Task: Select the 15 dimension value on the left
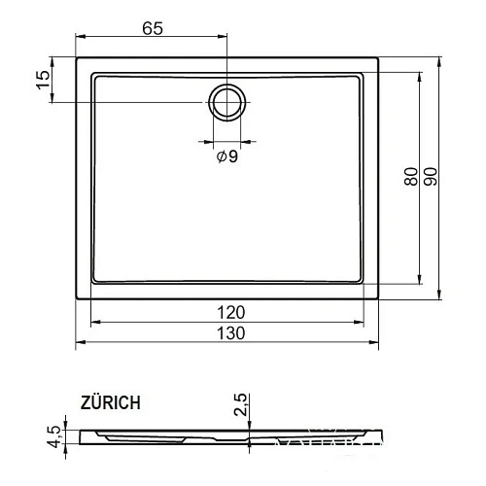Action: pyautogui.click(x=42, y=80)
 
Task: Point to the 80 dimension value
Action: pyautogui.click(x=411, y=178)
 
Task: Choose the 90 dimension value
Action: pyautogui.click(x=430, y=178)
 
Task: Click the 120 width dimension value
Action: pyautogui.click(x=230, y=312)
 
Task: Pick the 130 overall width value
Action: pyautogui.click(x=230, y=332)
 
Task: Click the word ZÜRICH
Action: pyautogui.click(x=111, y=400)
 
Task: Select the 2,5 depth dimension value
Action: pyautogui.click(x=242, y=404)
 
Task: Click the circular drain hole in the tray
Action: pyautogui.click(x=227, y=101)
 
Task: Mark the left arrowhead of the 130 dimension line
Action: pyautogui.click(x=80, y=342)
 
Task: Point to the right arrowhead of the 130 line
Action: pyautogui.click(x=378, y=342)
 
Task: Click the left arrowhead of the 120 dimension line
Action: pyautogui.click(x=92, y=322)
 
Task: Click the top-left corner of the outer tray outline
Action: pyautogui.click(x=77, y=57)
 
